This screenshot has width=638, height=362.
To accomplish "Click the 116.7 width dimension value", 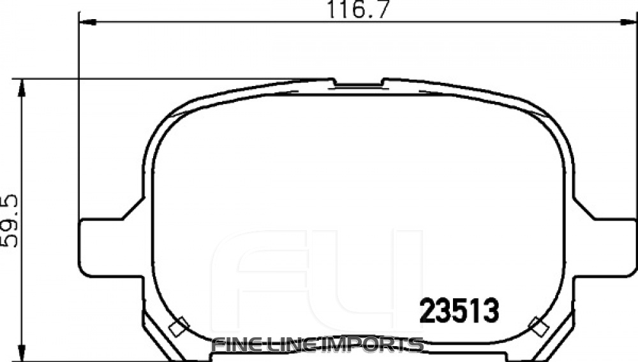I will coord(358,10).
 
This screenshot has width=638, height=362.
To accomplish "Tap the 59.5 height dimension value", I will coord(11,220).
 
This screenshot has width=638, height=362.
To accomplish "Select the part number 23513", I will coord(458,312).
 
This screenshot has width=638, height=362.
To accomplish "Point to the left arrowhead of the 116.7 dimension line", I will coord(87,23).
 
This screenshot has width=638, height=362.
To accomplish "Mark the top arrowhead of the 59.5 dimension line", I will coord(23,88).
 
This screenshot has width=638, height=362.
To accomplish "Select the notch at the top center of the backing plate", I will coord(358,83).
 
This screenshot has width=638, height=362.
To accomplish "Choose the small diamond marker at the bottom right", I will coord(539,326).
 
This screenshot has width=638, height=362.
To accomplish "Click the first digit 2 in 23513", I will coord(426,312).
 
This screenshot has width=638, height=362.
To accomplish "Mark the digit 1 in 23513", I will coord(474,312).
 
